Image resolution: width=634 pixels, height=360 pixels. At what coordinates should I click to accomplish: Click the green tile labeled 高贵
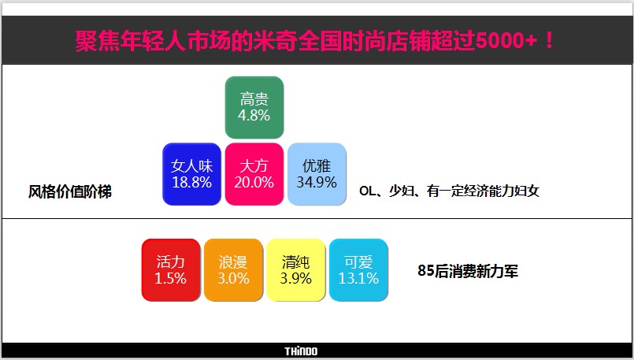[x=254, y=107]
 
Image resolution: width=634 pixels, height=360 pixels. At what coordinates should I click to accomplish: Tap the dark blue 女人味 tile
[x=191, y=174]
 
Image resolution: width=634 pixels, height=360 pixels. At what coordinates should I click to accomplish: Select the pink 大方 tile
[x=254, y=174]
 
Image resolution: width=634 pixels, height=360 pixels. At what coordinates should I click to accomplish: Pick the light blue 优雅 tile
[x=317, y=174]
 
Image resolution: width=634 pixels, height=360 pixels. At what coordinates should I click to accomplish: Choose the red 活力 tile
[x=171, y=269]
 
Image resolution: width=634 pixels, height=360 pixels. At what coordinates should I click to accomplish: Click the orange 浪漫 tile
[x=233, y=269]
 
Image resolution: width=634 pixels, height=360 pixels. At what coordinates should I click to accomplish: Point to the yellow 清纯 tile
[x=296, y=269]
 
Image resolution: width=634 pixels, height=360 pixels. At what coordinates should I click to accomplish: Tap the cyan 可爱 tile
[x=358, y=269]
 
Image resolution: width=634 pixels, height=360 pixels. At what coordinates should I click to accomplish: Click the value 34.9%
[x=317, y=183]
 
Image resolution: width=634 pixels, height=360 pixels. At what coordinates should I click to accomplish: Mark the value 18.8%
[x=191, y=183]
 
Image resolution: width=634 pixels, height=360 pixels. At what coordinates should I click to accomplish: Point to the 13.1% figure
[x=358, y=278]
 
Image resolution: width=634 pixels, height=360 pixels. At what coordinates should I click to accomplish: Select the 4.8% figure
[x=254, y=116]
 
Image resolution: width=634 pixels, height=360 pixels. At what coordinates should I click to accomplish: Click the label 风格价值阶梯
[x=70, y=191]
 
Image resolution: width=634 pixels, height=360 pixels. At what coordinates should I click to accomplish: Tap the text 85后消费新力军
[x=468, y=271]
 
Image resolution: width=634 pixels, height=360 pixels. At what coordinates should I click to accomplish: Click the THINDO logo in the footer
[x=301, y=351]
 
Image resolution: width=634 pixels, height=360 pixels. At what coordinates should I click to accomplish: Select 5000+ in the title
[x=506, y=40]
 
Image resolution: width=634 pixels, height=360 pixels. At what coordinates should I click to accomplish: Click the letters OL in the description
[x=368, y=191]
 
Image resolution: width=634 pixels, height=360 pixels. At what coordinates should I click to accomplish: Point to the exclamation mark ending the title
[x=549, y=40]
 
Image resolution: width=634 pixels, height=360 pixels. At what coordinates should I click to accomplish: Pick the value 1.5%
[x=171, y=278]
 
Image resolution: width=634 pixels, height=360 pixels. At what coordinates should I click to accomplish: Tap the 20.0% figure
[x=254, y=183]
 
